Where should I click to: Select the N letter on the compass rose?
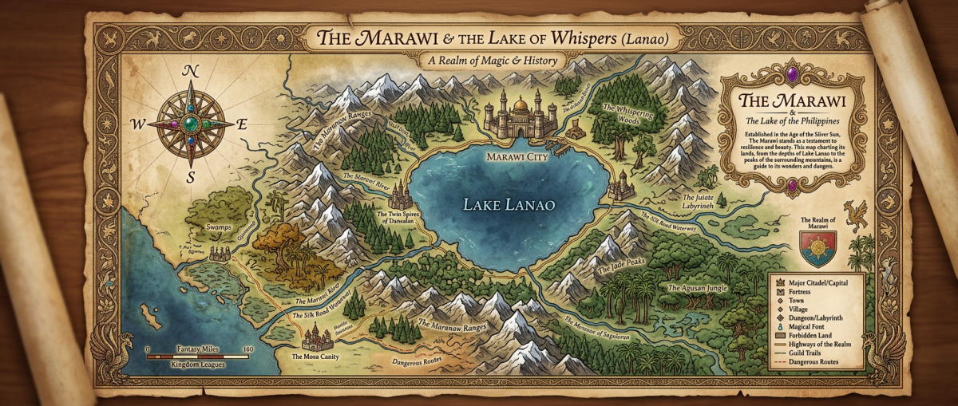(x=191, y=71)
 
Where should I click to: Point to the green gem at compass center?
(x=191, y=124)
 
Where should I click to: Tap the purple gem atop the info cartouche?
(x=791, y=77)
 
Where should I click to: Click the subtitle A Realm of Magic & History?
(x=493, y=61)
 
